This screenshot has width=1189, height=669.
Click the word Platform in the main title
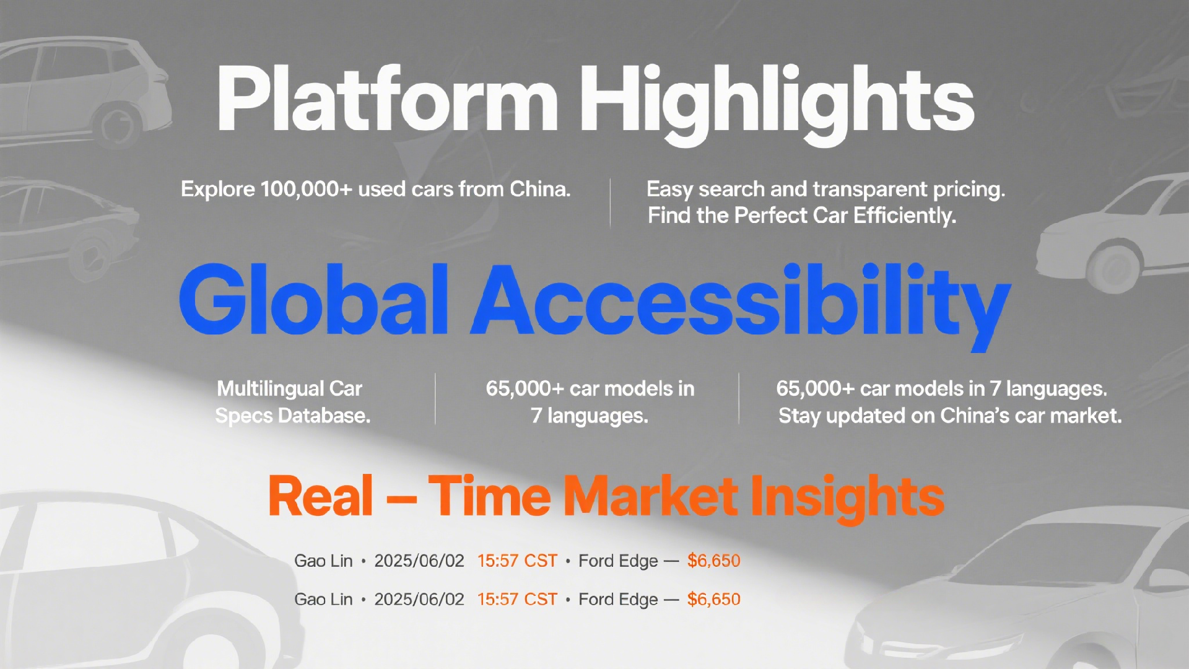coord(388,99)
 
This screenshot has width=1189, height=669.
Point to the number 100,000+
coord(307,189)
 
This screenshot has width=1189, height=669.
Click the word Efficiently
coord(905,216)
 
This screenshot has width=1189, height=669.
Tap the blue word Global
coord(313,300)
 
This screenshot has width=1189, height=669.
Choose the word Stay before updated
coord(799,416)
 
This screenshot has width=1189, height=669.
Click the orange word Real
coord(321,496)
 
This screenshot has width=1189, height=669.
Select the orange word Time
coord(489,496)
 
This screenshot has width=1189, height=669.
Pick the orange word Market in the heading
coord(650,496)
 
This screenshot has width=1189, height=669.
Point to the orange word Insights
coord(847,499)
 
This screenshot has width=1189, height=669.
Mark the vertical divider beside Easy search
coord(610,203)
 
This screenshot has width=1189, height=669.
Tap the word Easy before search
coord(669,190)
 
